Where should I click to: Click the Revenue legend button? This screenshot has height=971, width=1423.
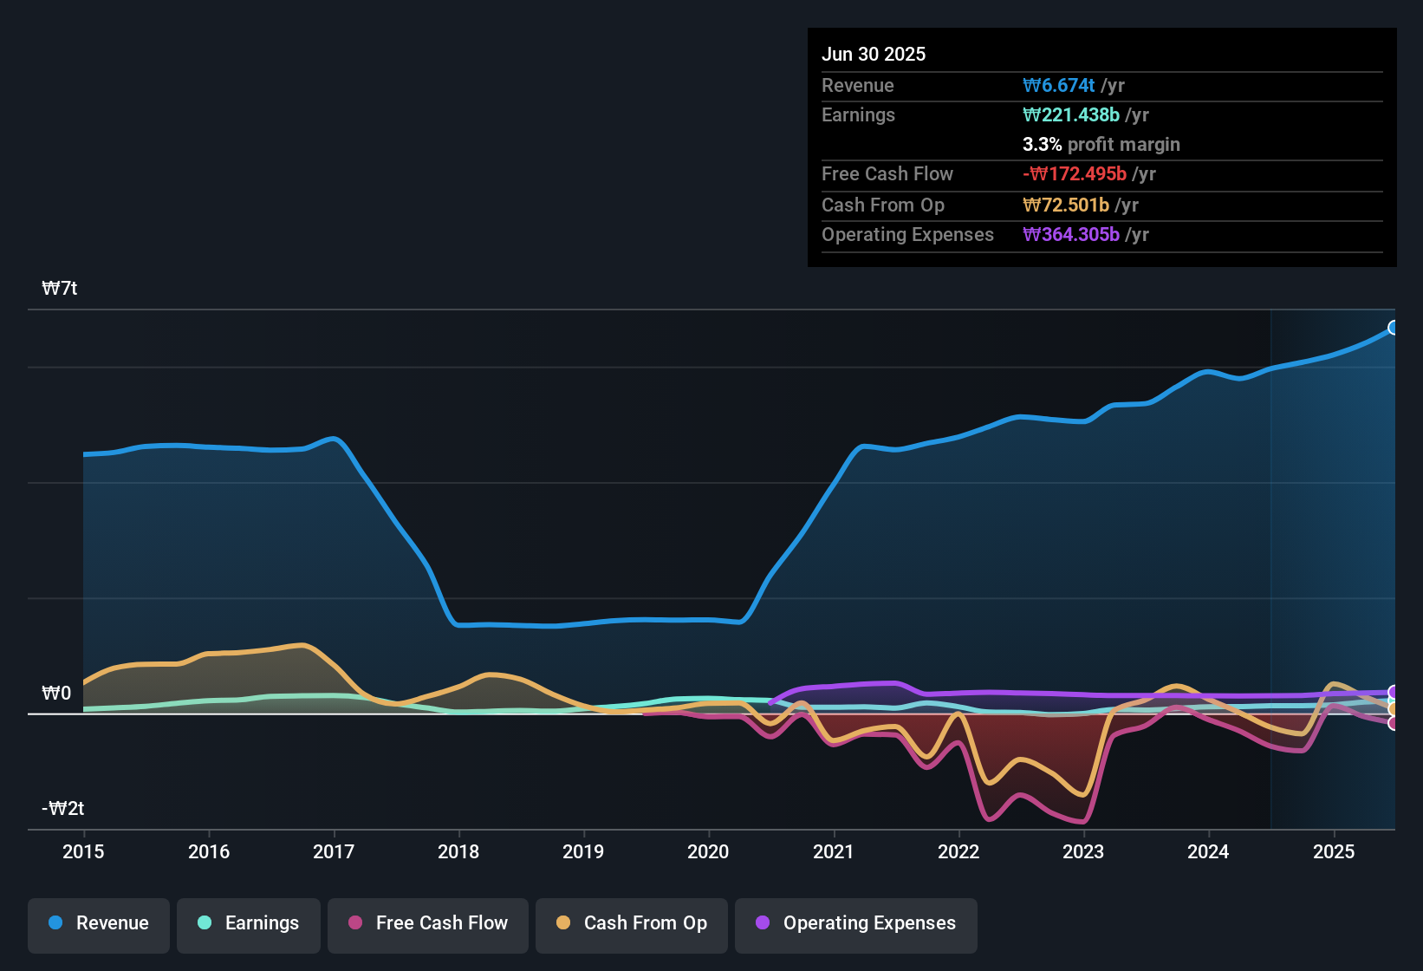tap(99, 923)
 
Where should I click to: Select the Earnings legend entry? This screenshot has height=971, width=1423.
tap(249, 923)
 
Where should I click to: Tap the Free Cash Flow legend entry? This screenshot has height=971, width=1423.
tap(428, 923)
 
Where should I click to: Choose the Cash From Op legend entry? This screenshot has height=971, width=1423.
tap(632, 923)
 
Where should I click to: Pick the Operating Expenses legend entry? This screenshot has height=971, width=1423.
tap(856, 923)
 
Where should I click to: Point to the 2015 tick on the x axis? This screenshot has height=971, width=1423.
tap(83, 851)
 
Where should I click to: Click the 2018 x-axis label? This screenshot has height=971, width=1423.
tap(458, 851)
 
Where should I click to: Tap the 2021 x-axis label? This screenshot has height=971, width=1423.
tap(834, 851)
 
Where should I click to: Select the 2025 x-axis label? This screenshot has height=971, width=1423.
tap(1334, 851)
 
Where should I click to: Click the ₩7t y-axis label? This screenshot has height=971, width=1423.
tap(60, 289)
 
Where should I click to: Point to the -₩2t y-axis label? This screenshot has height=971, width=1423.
tap(63, 809)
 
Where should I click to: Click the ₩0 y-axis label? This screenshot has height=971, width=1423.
tap(56, 694)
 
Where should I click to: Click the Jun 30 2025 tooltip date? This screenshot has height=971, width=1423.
tap(874, 55)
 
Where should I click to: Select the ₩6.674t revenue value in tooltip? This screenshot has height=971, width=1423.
tap(1059, 86)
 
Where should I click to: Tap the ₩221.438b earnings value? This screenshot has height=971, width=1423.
tap(1071, 115)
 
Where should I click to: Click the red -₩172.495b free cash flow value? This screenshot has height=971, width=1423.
tap(1075, 174)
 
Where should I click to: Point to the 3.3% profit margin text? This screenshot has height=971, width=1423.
tap(1101, 145)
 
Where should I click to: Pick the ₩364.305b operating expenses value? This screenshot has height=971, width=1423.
tap(1071, 235)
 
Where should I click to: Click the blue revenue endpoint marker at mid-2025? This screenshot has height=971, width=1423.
tap(1393, 328)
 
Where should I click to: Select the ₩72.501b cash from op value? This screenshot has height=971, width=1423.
tap(1066, 205)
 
